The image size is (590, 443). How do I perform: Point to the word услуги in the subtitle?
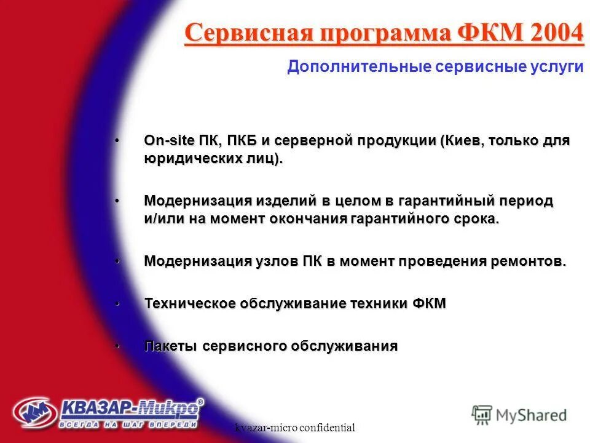tap(557, 66)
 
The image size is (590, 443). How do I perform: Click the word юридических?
tap(191, 159)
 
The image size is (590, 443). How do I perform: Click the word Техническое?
tap(190, 303)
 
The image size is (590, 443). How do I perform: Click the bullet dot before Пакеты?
tap(117, 346)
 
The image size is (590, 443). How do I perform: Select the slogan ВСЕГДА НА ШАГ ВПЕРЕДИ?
tap(128, 424)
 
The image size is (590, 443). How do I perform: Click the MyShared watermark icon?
tap(482, 414)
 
